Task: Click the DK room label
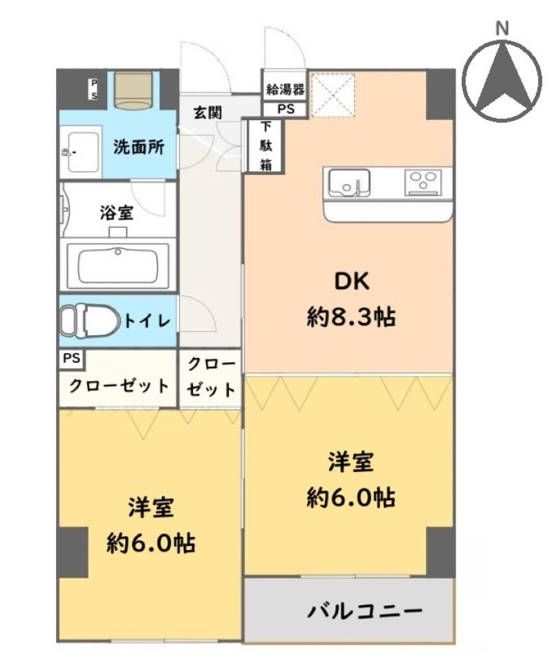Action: (352, 281)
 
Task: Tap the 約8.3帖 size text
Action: (351, 316)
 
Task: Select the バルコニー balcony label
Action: (365, 611)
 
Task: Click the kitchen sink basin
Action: (349, 182)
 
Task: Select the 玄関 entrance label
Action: (207, 113)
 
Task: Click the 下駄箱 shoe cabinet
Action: (265, 146)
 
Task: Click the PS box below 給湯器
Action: (285, 109)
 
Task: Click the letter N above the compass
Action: (502, 29)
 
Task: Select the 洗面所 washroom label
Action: (138, 146)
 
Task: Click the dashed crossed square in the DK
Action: (332, 95)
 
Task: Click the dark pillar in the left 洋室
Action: (73, 553)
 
